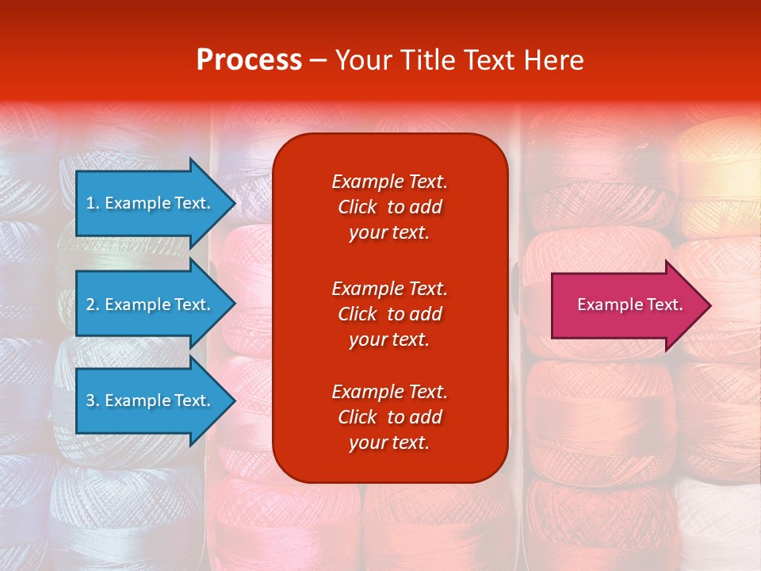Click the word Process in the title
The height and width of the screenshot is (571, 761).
pos(249,60)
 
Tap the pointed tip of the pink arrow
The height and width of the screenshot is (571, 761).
pos(709,305)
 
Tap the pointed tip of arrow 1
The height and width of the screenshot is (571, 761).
pos(234,203)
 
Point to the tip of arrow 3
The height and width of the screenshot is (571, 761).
pos(234,400)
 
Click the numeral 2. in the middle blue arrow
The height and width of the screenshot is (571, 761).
pos(93,305)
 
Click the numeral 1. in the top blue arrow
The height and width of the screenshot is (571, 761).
pos(92,203)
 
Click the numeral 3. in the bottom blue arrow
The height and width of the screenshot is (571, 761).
pos(93,400)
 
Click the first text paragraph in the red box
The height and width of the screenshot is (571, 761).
pos(389,207)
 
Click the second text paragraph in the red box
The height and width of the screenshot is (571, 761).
pos(389,314)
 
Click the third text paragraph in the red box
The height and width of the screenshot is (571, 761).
pos(389,417)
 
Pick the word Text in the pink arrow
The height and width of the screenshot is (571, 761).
pos(665,305)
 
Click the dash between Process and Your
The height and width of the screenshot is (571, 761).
pos(318,60)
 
